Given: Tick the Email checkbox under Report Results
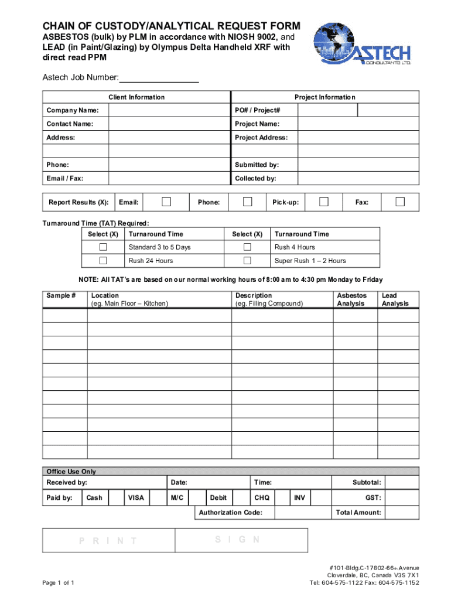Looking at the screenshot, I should [166, 202].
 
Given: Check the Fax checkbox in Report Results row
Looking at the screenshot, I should [400, 202].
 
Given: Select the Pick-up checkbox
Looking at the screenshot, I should [323, 202].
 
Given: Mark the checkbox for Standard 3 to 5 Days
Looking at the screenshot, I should [103, 247].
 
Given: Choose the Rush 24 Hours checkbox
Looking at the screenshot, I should [103, 261].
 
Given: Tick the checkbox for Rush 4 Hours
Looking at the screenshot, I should [247, 247].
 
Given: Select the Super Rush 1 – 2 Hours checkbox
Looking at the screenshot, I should [247, 261].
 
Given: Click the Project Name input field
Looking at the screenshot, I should [358, 124].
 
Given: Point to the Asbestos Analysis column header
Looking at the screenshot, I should [351, 299].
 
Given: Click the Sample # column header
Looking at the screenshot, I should [61, 296].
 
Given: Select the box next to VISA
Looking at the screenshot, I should [158, 498].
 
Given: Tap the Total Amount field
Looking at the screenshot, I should [402, 513].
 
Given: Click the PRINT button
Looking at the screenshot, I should [108, 541].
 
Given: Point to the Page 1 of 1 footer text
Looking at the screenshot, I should [57, 583].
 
